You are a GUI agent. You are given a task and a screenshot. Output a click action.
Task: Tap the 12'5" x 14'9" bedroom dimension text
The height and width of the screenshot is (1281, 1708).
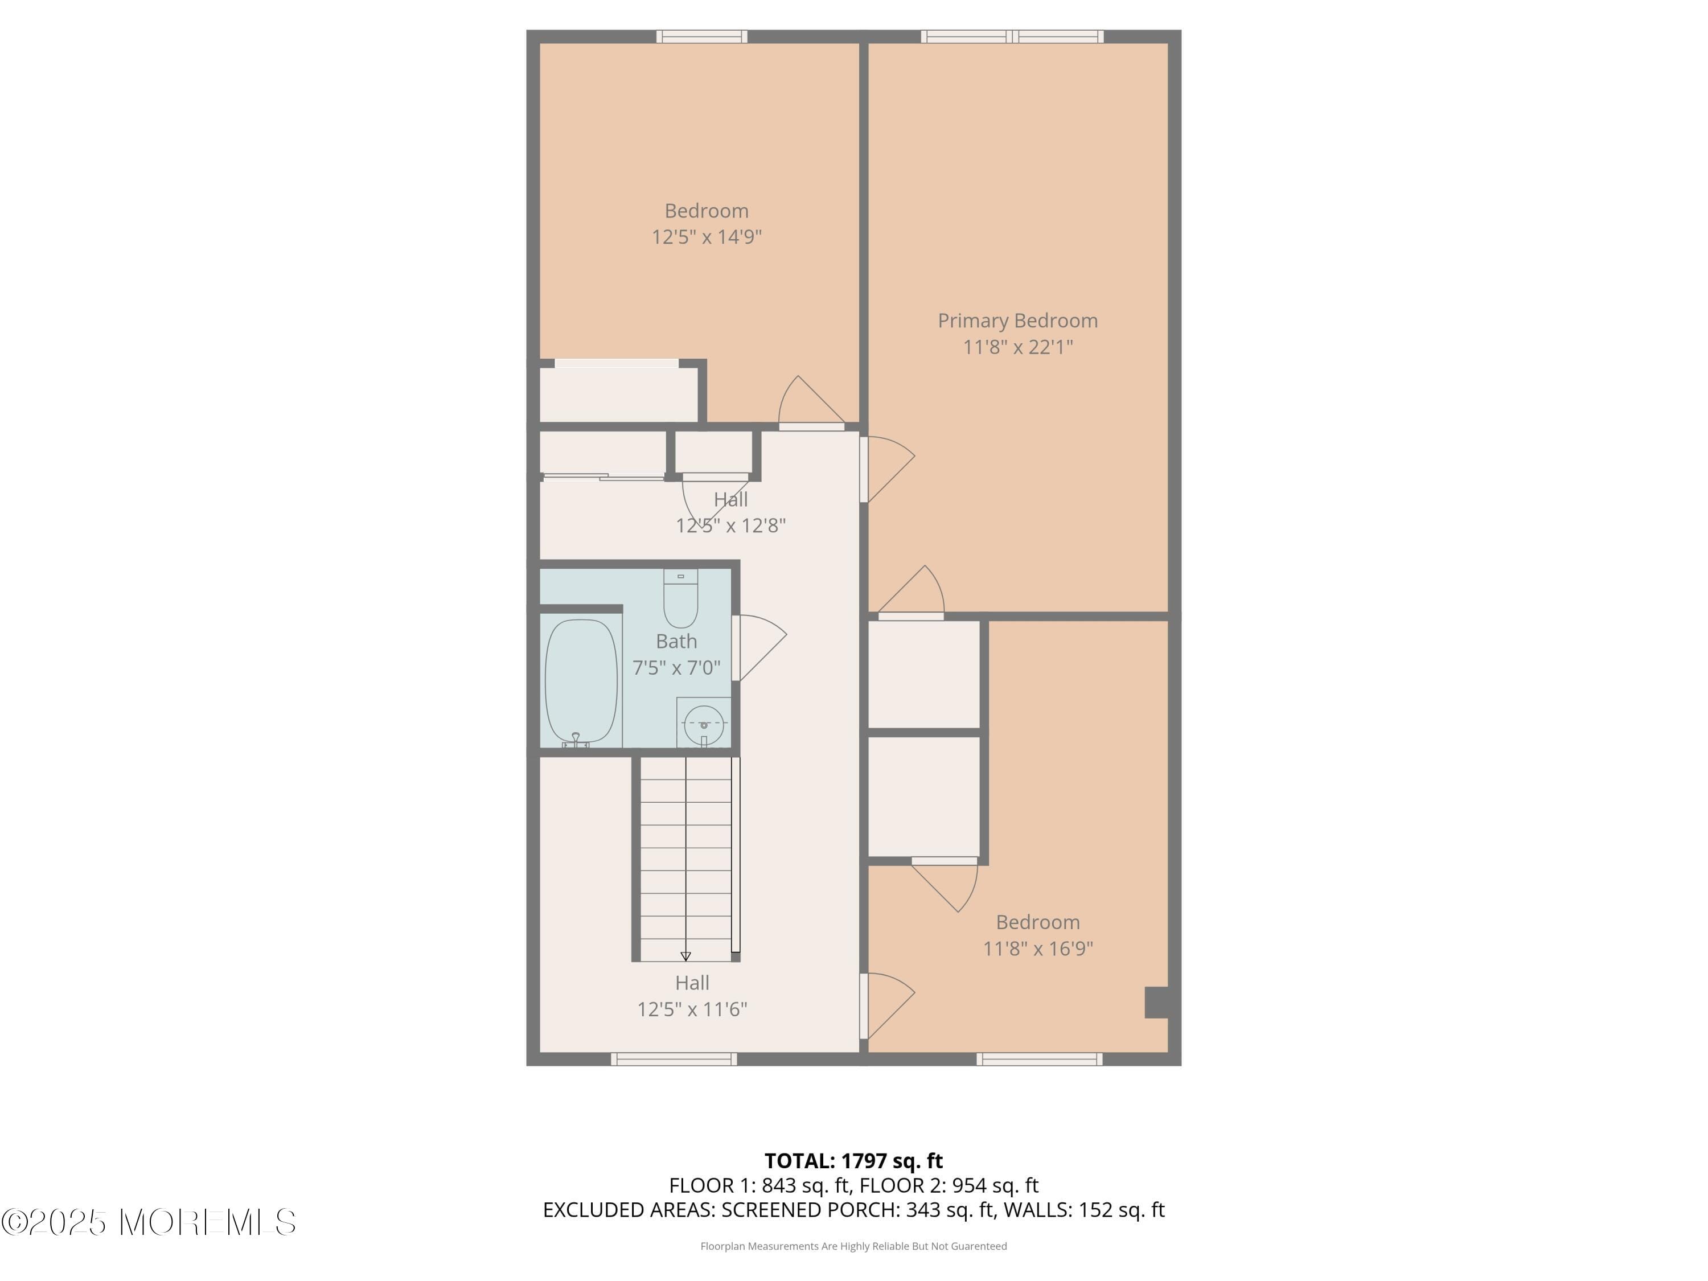point(706,237)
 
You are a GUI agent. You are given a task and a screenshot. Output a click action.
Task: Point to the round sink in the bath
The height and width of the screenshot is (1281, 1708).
point(704,724)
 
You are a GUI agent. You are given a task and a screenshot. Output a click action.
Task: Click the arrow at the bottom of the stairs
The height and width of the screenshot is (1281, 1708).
point(685,956)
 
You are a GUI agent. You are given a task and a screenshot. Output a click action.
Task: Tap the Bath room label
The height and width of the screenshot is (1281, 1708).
point(676,642)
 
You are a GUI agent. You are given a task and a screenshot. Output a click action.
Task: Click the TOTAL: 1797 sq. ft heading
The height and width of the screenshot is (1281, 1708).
point(853,1160)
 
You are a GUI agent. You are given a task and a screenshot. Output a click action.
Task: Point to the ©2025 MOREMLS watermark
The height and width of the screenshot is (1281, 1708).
point(148,1222)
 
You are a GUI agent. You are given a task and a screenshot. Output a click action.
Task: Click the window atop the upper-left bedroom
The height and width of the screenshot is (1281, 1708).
point(701,36)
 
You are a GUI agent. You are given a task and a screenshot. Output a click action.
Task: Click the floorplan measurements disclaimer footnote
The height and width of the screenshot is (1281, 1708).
point(853,1246)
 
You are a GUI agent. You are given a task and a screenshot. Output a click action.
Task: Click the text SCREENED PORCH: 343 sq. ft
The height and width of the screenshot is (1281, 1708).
point(857,1210)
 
